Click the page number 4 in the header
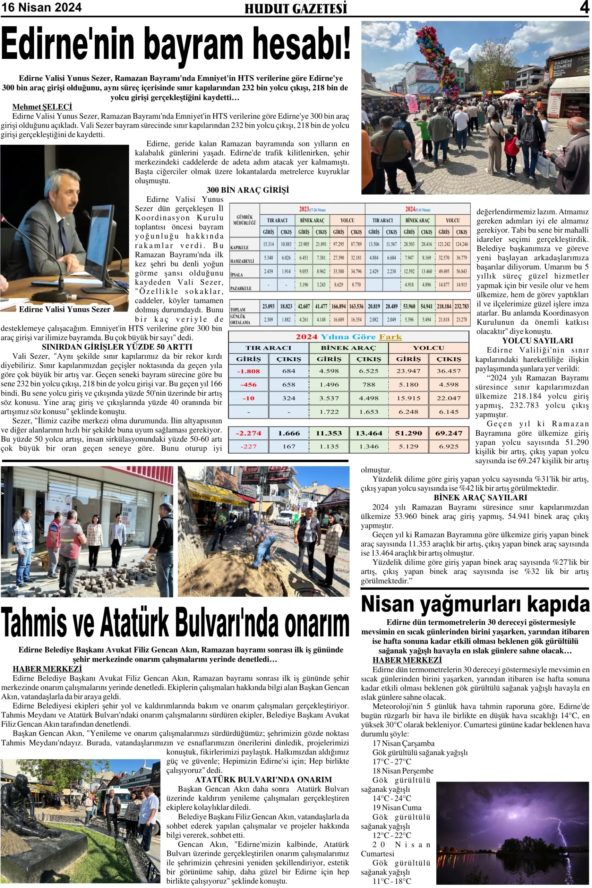click(x=584, y=8)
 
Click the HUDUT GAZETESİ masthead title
click(x=295, y=8)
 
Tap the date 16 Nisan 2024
click(x=41, y=8)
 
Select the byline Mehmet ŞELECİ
click(x=42, y=107)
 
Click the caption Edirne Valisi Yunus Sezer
click(x=65, y=309)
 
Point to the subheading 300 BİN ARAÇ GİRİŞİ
click(x=248, y=190)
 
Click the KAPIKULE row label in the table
click(x=239, y=247)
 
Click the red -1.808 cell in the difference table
click(x=248, y=371)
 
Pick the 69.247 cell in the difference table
click(x=448, y=433)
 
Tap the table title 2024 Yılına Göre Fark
click(x=349, y=336)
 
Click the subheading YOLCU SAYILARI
click(x=537, y=341)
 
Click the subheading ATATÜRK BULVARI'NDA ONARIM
click(x=263, y=779)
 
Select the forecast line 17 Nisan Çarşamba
click(x=403, y=743)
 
